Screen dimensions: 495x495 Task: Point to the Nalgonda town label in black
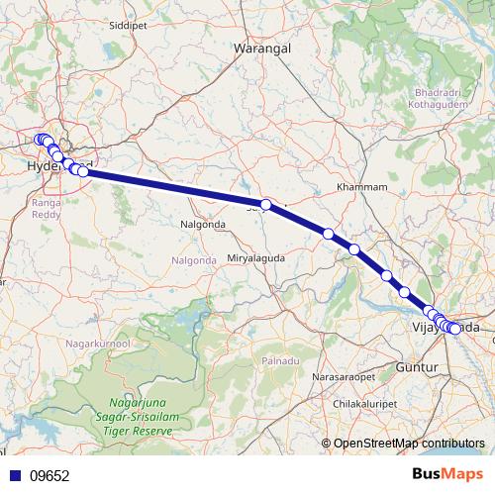click(203, 225)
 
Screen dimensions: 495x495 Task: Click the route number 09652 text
click(49, 475)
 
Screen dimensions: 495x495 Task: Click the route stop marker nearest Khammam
click(328, 234)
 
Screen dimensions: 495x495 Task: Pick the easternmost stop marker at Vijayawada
click(455, 329)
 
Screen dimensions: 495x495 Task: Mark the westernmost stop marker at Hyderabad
click(39, 141)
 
